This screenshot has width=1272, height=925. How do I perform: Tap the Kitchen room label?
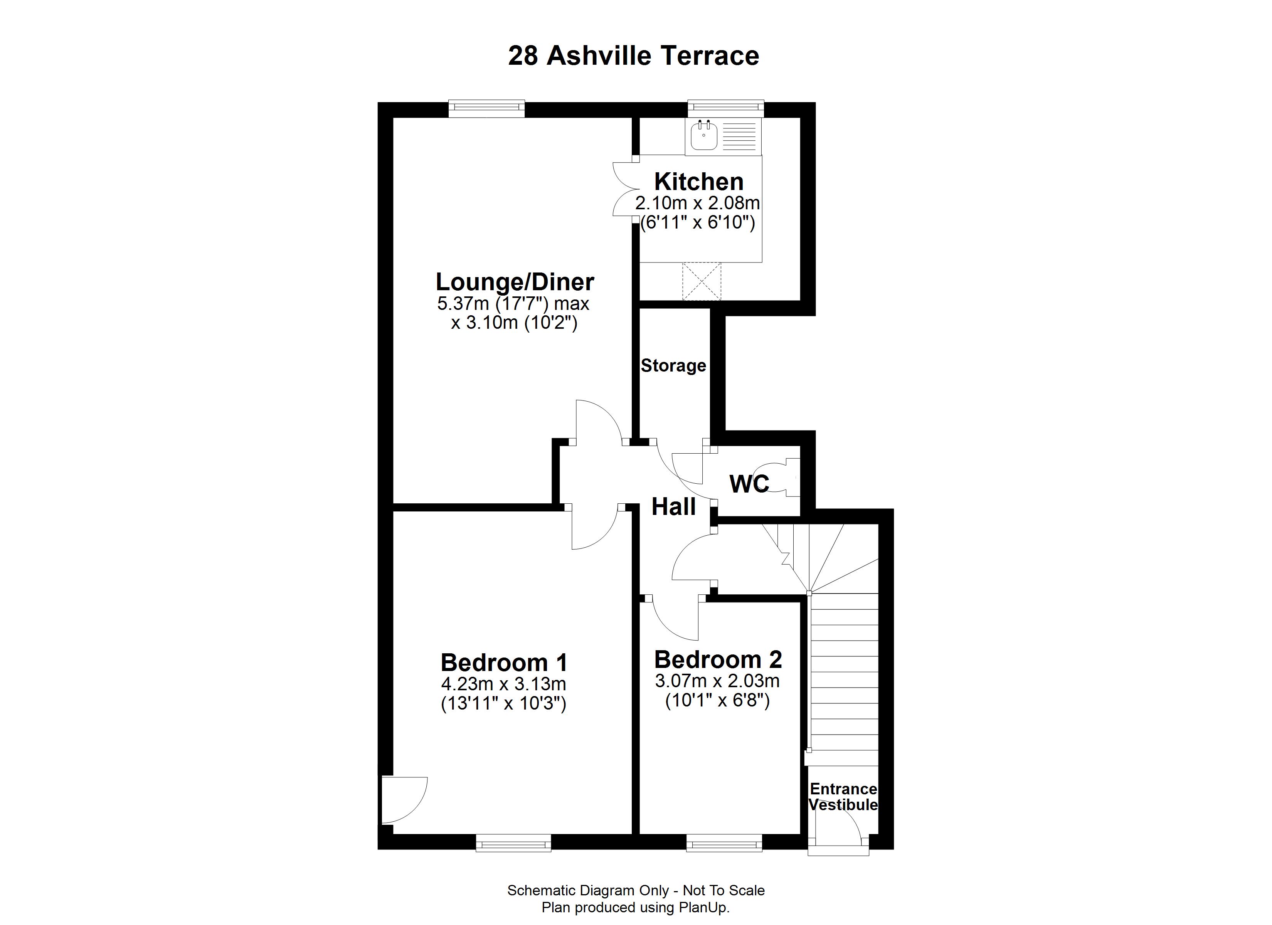click(699, 182)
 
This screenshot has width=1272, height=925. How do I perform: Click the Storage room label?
click(673, 366)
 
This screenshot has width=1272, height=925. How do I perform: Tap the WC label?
click(749, 484)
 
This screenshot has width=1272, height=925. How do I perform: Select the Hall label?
click(673, 507)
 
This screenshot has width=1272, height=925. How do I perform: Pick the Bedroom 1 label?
click(504, 663)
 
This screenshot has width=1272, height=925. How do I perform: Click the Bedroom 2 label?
click(718, 660)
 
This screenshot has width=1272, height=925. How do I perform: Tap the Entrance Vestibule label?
click(843, 797)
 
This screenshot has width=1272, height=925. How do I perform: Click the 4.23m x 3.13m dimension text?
click(504, 684)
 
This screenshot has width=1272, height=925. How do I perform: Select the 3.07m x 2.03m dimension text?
click(717, 681)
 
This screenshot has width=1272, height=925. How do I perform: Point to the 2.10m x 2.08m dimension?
click(697, 203)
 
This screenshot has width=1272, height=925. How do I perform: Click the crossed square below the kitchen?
click(701, 281)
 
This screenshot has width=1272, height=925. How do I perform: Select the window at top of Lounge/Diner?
click(486, 108)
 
